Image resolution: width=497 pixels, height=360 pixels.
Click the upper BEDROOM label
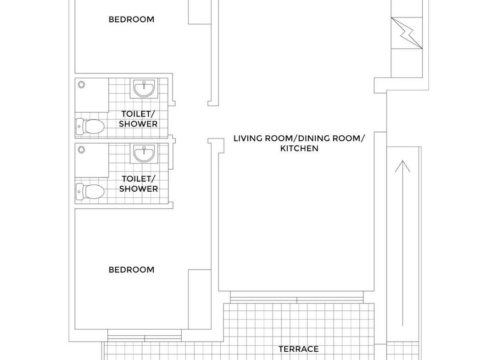point(132,20)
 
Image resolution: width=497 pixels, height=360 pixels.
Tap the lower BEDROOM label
point(132,270)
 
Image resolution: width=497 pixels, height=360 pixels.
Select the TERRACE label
point(299,349)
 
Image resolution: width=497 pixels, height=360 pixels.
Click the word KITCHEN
point(299,148)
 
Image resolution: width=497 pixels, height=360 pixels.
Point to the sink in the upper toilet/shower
point(144,89)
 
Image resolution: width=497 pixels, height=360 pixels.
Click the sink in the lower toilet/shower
point(144,154)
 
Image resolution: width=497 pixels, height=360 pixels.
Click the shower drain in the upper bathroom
point(82,84)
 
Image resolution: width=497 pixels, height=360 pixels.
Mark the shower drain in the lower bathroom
point(82,150)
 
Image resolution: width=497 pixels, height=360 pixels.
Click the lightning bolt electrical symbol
point(407,33)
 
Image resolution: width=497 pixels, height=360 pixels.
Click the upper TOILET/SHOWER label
point(138,119)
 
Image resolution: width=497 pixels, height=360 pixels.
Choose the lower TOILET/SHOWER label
point(139,183)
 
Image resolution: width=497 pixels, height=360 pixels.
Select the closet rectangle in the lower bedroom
point(200,299)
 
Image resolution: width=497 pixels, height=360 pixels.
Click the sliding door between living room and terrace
point(296,297)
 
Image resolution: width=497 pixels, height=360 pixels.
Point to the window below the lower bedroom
point(145,336)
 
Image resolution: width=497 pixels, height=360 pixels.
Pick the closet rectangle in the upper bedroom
point(200,12)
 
